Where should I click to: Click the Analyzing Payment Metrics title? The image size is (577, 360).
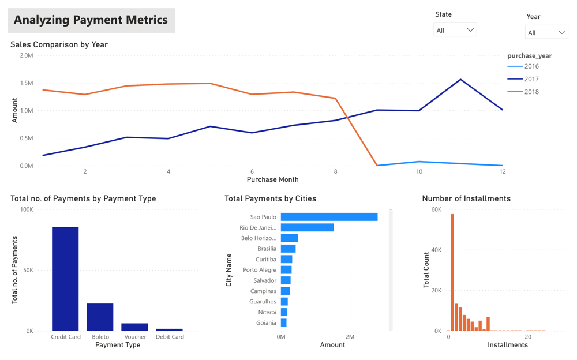tap(91, 20)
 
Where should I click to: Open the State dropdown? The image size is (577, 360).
tap(455, 30)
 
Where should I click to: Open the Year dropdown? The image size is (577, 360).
tap(546, 32)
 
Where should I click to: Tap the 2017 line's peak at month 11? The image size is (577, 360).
tap(460, 80)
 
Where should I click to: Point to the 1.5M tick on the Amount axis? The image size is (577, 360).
tap(27, 83)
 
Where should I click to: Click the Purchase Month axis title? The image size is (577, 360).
tap(272, 179)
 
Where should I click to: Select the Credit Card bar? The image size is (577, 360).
tap(65, 279)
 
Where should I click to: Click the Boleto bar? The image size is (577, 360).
tap(100, 317)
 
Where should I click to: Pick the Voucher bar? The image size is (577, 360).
tap(134, 327)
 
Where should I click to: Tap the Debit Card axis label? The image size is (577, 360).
tap(170, 337)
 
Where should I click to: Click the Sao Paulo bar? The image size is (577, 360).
tap(329, 217)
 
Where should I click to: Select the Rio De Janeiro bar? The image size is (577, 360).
tap(307, 228)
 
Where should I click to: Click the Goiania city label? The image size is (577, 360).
tap(266, 323)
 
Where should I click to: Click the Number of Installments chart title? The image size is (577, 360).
tap(466, 198)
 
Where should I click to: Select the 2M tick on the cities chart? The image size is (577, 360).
tap(350, 337)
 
